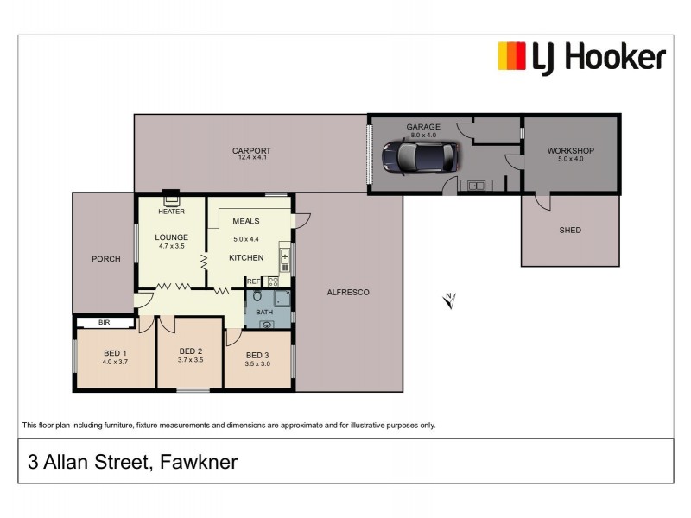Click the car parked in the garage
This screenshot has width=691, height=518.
click(421, 156)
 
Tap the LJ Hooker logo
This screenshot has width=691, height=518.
click(581, 57)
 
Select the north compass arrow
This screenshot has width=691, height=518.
click(448, 300)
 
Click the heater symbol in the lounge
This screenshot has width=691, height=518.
click(171, 198)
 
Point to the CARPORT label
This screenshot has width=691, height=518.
click(251, 150)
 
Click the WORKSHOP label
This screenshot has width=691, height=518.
click(571, 150)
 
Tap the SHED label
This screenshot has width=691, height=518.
click(570, 230)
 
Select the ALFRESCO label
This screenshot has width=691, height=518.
click(348, 293)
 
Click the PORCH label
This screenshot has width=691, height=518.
click(105, 259)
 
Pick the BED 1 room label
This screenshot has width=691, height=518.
click(116, 352)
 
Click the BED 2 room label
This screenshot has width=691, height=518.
click(190, 351)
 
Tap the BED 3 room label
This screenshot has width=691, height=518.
click(257, 355)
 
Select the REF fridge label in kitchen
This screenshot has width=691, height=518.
click(254, 281)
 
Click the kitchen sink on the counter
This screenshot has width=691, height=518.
click(284, 256)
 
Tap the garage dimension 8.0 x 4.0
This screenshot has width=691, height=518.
click(423, 135)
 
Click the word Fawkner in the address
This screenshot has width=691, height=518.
click(199, 463)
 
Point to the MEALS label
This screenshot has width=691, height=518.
click(246, 221)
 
